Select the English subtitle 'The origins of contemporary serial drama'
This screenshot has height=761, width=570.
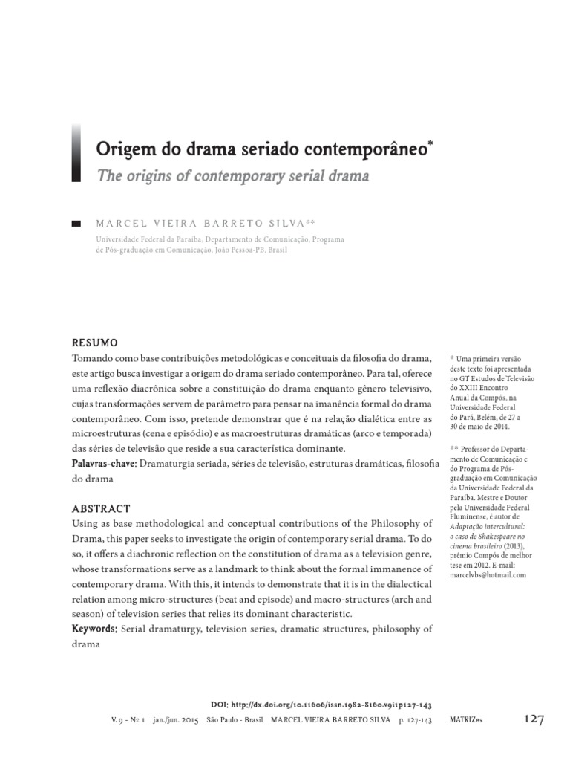click(232, 178)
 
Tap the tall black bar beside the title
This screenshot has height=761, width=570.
click(76, 153)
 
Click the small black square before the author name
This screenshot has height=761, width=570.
click(76, 223)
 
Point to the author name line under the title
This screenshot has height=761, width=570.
click(206, 223)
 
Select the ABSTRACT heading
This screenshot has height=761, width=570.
click(101, 509)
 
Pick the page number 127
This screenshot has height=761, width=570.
click(534, 720)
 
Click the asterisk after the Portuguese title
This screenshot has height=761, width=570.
click(430, 140)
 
